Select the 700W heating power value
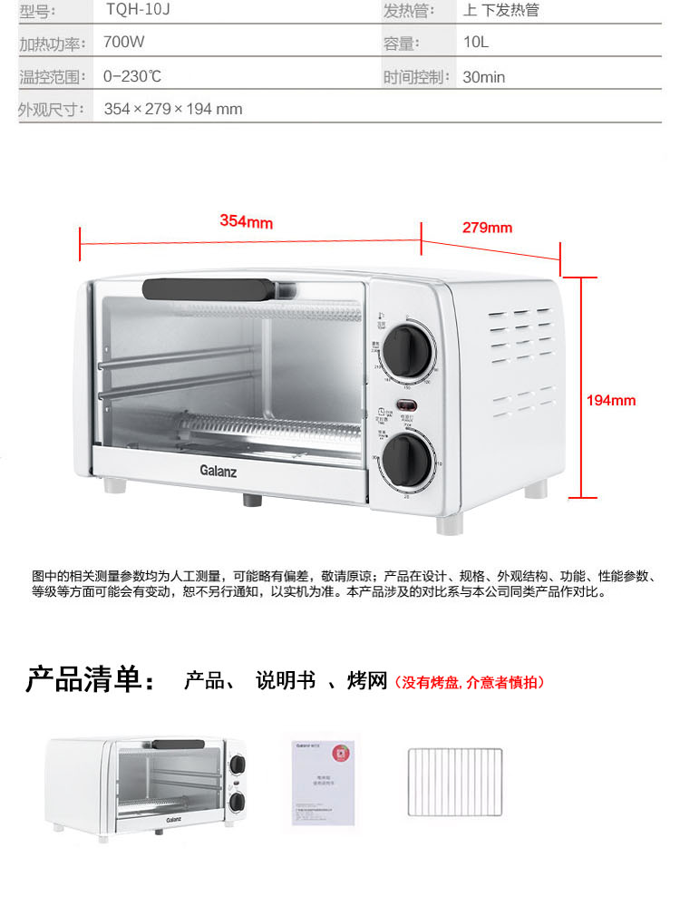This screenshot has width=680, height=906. (x=124, y=44)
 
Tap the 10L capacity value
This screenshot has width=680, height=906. (x=476, y=44)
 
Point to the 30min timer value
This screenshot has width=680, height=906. (x=483, y=77)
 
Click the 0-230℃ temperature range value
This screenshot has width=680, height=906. (x=132, y=77)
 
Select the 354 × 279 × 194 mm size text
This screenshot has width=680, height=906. (x=173, y=109)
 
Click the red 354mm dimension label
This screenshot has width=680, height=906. (x=246, y=222)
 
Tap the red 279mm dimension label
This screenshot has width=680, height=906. (x=487, y=228)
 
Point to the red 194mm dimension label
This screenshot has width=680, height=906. (x=611, y=400)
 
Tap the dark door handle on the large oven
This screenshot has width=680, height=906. (x=209, y=288)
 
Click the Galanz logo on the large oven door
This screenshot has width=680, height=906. (x=218, y=470)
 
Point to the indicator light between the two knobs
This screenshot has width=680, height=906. (x=406, y=405)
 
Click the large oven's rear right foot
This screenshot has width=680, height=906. (x=537, y=489)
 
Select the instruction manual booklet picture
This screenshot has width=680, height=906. (x=323, y=781)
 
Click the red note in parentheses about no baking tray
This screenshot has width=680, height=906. (x=470, y=682)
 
